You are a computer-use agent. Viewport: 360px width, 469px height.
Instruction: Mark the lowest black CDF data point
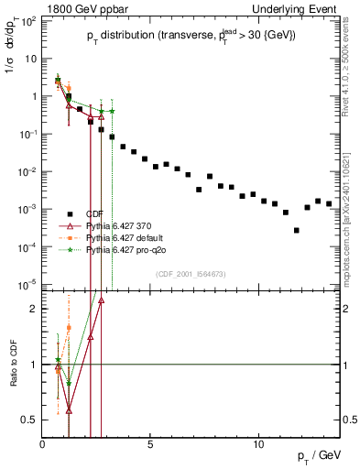click(296, 230)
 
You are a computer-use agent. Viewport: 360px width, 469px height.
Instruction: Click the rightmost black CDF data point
click(329, 203)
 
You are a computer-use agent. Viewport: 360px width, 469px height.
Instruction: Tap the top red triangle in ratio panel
click(101, 300)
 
